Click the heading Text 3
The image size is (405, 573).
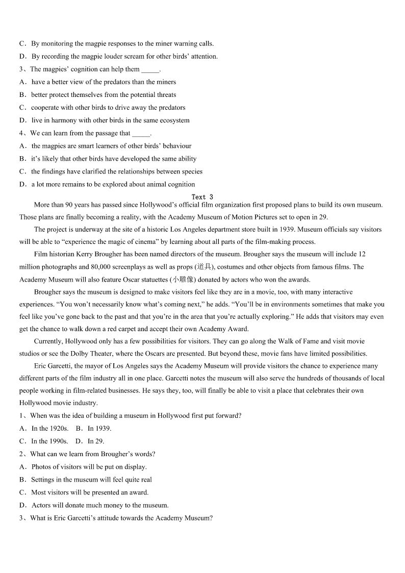coord(202,197)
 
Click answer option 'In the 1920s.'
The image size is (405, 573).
coord(49,429)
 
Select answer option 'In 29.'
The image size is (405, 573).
coord(95,441)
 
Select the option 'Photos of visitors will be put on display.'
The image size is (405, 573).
coord(89,467)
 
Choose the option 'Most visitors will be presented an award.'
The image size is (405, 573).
coord(90,492)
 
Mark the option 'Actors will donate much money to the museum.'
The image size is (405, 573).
coord(99,505)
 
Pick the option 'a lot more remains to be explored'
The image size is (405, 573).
coord(113,184)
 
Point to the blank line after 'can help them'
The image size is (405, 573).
coord(150,70)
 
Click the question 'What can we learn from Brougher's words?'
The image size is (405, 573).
coord(92,454)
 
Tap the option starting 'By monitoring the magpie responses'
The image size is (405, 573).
coord(122,44)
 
